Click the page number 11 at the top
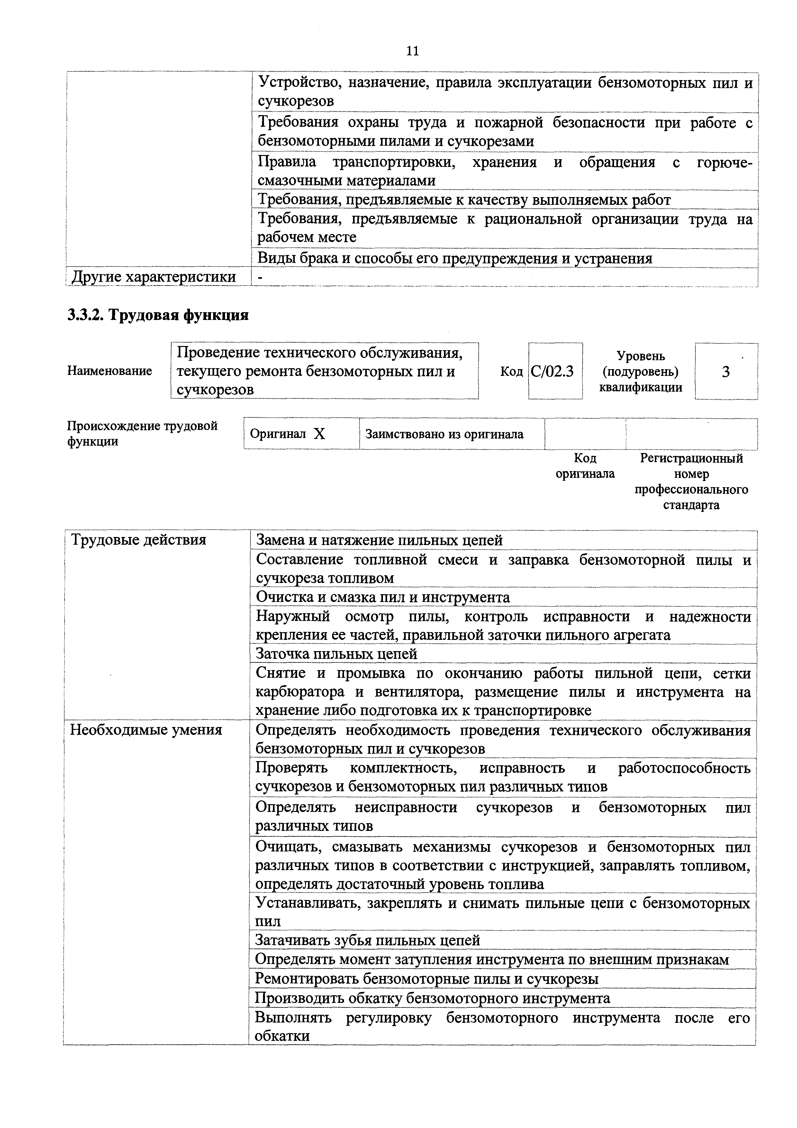412,51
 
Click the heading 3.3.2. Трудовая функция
158,315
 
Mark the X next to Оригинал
320,434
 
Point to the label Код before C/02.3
511,371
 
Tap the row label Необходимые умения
146,730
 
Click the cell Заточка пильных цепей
337,654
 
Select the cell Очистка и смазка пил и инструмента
383,597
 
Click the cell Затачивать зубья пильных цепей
367,940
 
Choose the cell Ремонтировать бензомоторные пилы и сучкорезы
427,979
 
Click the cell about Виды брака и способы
455,259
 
